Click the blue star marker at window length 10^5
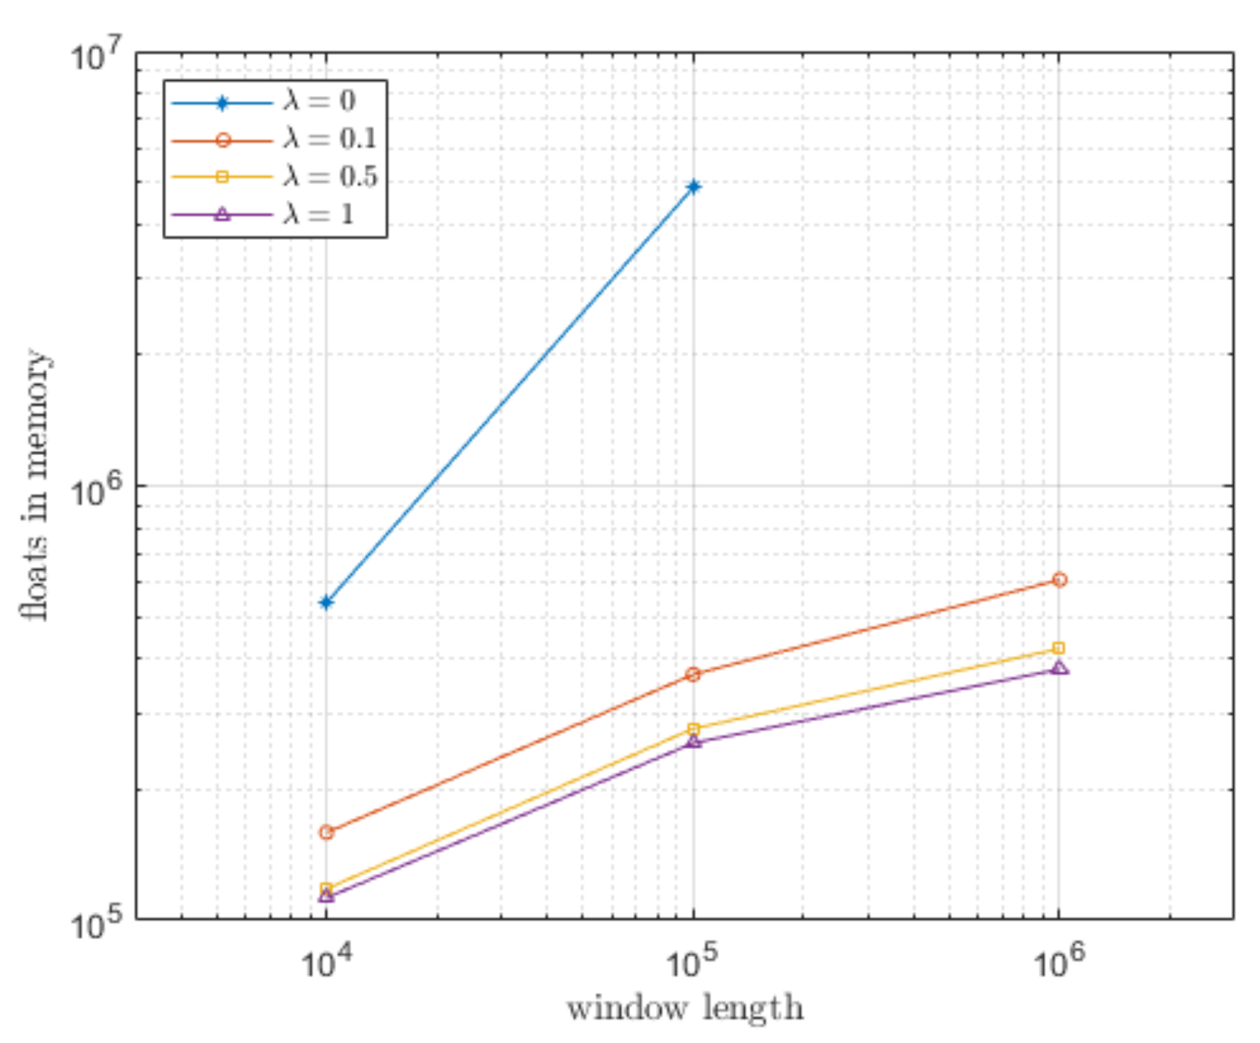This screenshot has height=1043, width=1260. coord(694,187)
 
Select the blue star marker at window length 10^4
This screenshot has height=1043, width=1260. coord(327,602)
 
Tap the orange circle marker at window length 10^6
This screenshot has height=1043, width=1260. coord(1059,579)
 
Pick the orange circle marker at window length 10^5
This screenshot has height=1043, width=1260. coord(694,675)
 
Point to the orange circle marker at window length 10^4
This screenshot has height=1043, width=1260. coord(327,833)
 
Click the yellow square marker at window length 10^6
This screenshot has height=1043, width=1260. coord(1059,649)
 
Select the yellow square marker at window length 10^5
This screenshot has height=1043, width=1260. coord(694,730)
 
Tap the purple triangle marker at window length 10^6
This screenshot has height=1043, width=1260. coord(1059,668)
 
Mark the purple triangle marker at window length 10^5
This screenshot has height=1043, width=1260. coord(694,742)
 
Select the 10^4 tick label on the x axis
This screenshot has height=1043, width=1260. coord(327,963)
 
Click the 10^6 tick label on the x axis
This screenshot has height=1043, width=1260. coord(1059,963)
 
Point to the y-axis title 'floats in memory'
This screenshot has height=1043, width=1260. coord(36,485)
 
